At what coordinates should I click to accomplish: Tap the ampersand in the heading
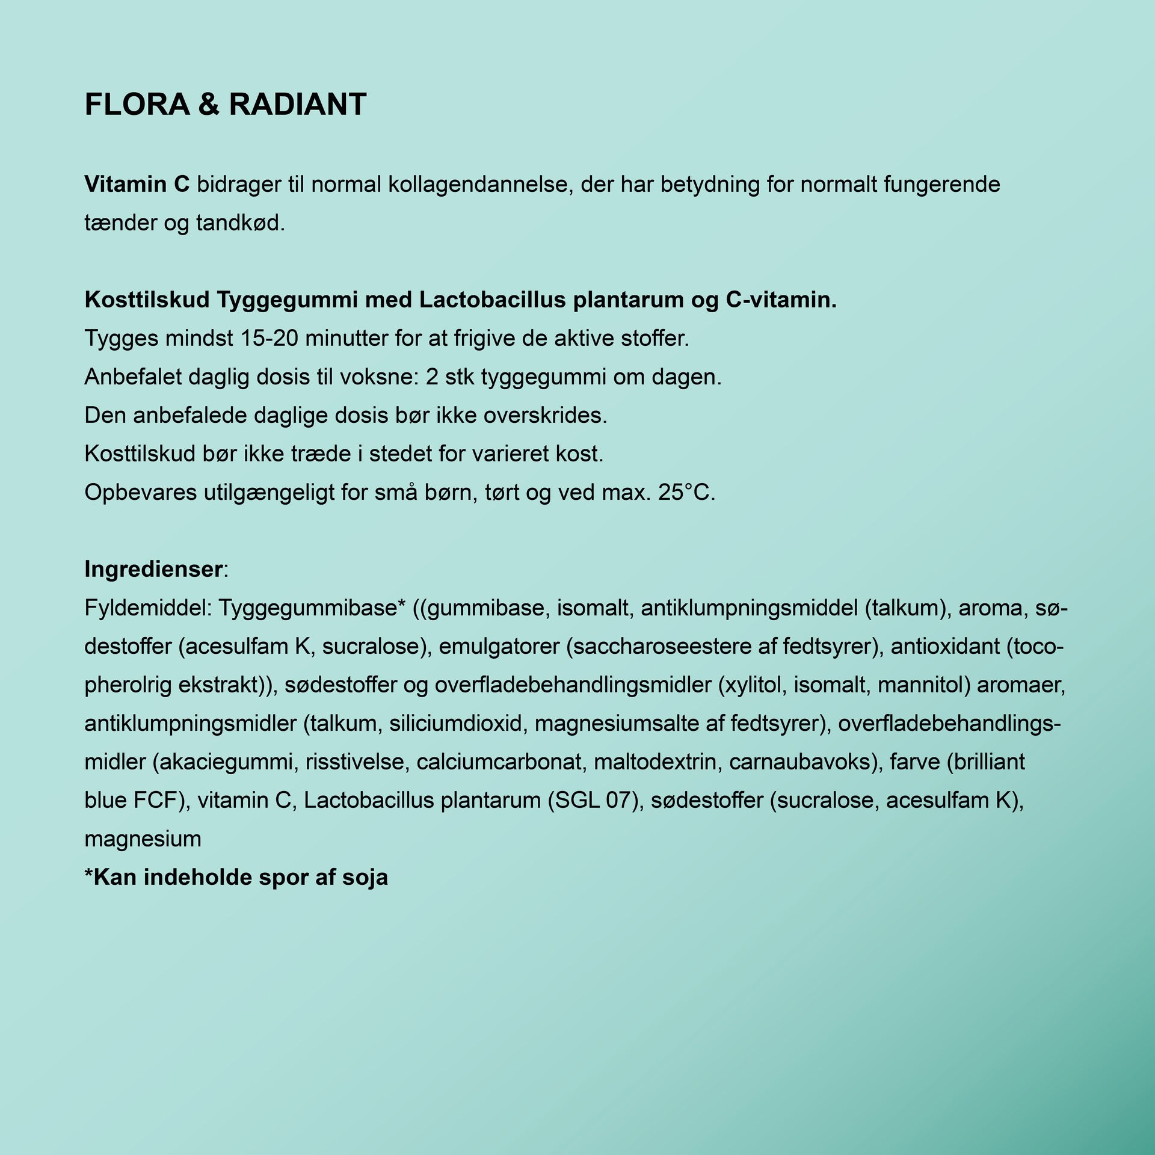click(x=209, y=105)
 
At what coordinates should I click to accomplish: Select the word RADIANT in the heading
click(x=298, y=105)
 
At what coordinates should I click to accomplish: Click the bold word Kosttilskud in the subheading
click(x=146, y=300)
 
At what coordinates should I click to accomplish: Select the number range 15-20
click(x=269, y=338)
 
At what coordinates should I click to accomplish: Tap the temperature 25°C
click(x=686, y=493)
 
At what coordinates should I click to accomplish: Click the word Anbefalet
click(x=133, y=377)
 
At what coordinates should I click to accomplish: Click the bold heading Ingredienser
click(x=153, y=569)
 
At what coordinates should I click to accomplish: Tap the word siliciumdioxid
click(x=455, y=724)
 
